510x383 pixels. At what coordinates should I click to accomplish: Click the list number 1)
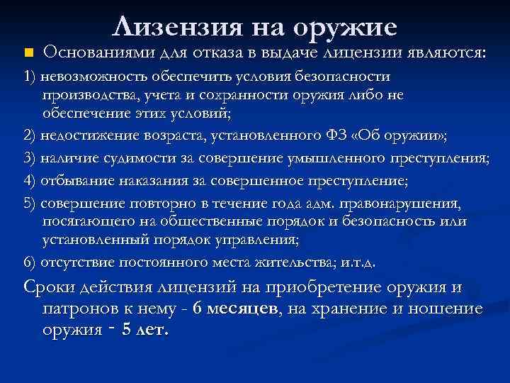(28, 77)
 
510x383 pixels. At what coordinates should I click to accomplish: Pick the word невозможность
(88, 77)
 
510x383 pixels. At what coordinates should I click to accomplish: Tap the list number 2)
(28, 135)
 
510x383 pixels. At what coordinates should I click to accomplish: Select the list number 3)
(28, 158)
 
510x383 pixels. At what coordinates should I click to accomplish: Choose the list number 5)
(28, 204)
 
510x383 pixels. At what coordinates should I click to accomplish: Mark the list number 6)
(28, 262)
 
